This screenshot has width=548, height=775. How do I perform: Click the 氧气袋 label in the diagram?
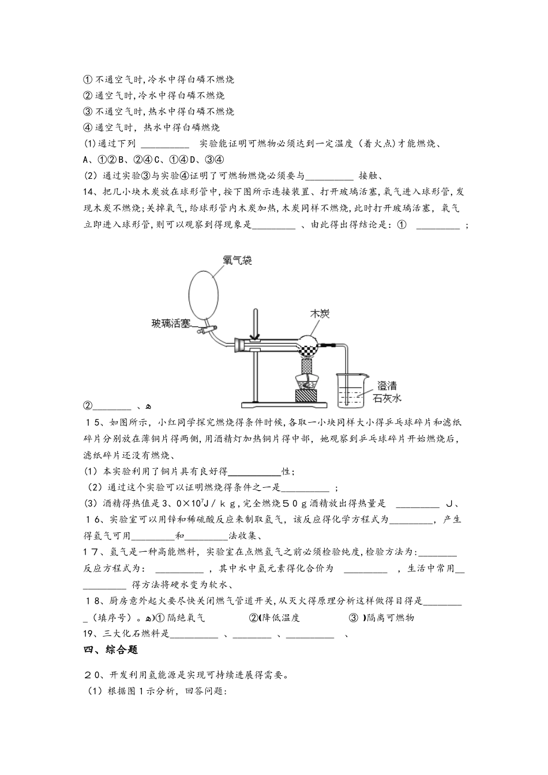click(x=238, y=261)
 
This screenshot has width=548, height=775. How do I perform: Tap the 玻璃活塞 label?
click(x=171, y=323)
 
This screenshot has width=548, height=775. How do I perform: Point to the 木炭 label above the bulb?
click(x=320, y=314)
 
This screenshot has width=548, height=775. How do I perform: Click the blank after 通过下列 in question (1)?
click(x=165, y=144)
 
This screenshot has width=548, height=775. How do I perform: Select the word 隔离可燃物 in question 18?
click(x=391, y=618)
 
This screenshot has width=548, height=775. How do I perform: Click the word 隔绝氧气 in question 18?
click(x=186, y=618)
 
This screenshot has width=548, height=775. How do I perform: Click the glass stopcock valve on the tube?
click(x=204, y=331)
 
